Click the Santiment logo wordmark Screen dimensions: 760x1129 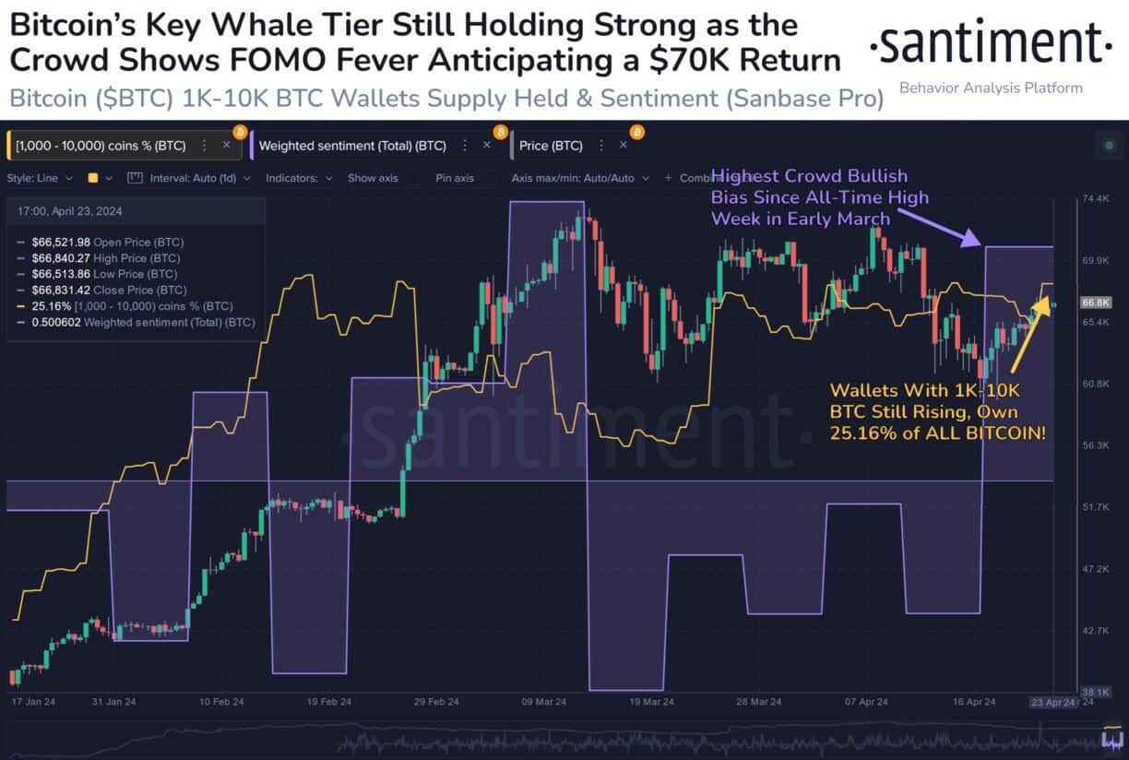[x=991, y=44]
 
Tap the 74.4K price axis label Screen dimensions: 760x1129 [x=1095, y=198]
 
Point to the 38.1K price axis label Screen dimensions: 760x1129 [x=1095, y=692]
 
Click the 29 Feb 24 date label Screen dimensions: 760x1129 [x=435, y=702]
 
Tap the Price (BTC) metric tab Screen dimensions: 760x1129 [x=551, y=146]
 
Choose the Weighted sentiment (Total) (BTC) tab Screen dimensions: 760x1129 [x=352, y=146]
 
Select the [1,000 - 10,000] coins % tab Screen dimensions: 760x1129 [x=101, y=146]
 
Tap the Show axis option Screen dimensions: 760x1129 [x=373, y=178]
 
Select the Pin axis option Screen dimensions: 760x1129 [x=455, y=178]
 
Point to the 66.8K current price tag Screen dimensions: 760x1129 [x=1095, y=303]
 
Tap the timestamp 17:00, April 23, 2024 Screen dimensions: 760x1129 [x=70, y=211]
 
